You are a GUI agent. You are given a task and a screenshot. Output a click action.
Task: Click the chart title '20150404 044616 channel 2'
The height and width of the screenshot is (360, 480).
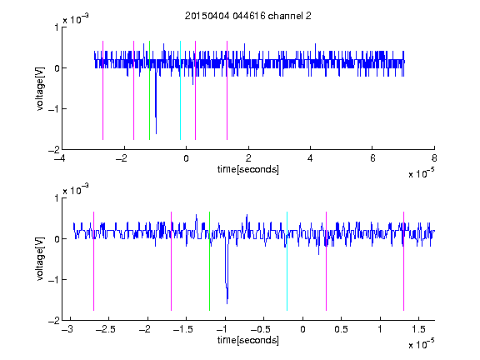point(248,16)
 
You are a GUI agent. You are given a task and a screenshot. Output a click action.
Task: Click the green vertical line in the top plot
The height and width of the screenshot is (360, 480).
point(149,90)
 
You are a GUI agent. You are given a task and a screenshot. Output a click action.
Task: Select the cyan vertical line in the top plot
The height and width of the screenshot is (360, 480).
point(180,90)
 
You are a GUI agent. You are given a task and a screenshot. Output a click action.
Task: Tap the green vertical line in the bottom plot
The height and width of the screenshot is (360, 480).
point(209,261)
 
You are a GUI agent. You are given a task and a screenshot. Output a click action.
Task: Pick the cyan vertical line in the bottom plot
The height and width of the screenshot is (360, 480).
point(287,261)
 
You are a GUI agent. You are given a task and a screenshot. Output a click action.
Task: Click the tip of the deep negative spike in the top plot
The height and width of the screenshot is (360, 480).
point(156,134)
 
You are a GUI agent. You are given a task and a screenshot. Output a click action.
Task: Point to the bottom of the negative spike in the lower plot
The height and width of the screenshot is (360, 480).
point(227,303)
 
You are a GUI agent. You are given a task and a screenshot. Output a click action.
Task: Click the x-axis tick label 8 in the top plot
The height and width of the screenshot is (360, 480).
point(434,158)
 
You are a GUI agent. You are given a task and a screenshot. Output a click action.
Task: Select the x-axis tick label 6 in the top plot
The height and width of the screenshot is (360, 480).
point(372,158)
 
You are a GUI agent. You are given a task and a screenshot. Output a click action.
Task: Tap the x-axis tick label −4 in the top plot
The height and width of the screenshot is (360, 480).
point(59,158)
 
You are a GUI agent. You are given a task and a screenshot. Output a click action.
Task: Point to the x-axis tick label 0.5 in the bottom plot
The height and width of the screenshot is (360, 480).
point(341,329)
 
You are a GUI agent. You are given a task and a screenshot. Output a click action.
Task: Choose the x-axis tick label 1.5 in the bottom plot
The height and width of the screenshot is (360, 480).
point(418,329)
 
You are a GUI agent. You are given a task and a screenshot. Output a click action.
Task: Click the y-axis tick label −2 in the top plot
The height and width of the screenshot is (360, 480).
point(54,150)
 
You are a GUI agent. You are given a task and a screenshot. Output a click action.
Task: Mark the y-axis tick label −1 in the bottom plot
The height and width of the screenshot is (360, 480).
point(54,279)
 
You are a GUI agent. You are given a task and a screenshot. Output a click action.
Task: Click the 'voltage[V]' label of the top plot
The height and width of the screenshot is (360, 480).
point(40,89)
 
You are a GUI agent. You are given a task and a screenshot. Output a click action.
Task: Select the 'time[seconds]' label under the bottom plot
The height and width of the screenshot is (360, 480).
point(248,340)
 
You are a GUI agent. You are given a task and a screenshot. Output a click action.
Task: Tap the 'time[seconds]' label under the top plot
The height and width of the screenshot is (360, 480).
point(248,169)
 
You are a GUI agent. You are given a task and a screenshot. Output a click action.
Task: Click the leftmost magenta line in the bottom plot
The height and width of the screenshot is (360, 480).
point(93,261)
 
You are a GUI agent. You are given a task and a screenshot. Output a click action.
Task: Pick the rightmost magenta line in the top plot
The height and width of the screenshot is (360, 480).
point(227,90)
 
